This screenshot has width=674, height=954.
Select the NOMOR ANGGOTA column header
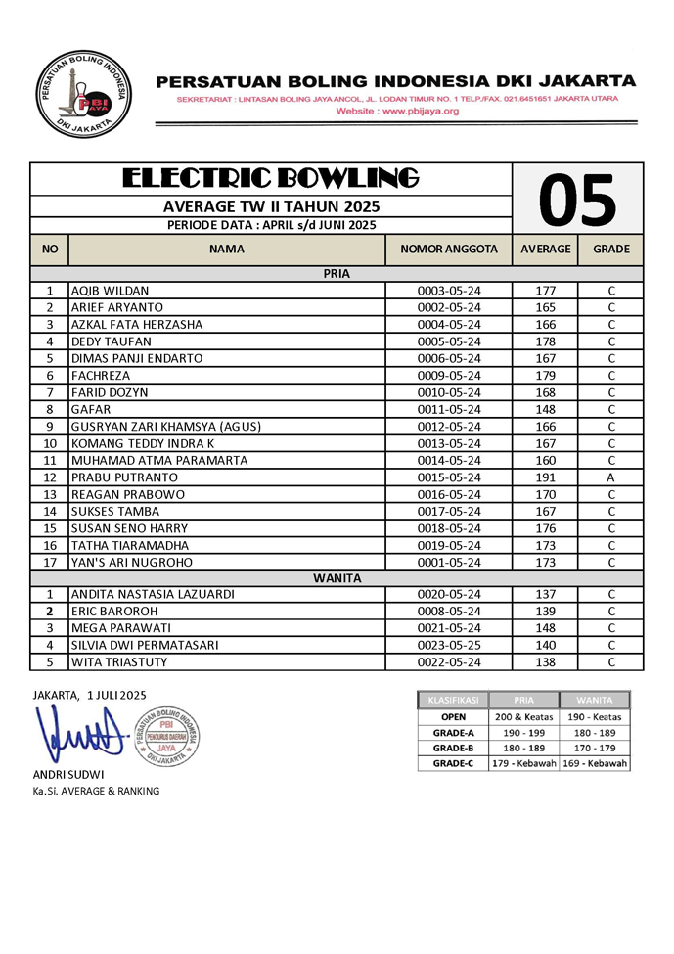(449, 250)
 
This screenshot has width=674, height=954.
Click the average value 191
(545, 477)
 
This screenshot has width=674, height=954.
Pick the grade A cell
(610, 477)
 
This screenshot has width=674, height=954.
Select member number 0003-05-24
(449, 291)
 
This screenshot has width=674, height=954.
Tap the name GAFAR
(90, 409)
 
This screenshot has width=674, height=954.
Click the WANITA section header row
(337, 578)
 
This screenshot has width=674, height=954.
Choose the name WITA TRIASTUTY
(119, 662)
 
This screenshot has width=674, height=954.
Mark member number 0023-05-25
(449, 645)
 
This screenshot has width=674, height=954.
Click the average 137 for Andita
(545, 594)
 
